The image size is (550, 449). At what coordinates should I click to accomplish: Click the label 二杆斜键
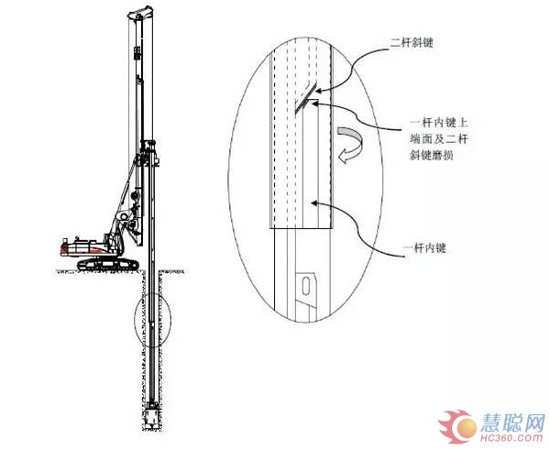pyautogui.click(x=412, y=43)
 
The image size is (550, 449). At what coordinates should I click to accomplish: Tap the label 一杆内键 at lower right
pyautogui.click(x=425, y=247)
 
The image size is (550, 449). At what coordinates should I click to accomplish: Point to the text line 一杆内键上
pyautogui.click(x=439, y=123)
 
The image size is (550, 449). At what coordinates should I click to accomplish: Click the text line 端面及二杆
pyautogui.click(x=439, y=138)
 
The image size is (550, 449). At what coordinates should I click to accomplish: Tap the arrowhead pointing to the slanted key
pyautogui.click(x=318, y=91)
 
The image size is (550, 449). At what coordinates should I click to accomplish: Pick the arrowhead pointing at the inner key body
pyautogui.click(x=314, y=203)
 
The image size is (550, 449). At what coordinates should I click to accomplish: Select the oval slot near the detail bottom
pyautogui.click(x=306, y=286)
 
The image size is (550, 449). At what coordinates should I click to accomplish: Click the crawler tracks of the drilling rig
pyautogui.click(x=107, y=264)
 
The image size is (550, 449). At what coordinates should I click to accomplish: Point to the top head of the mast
pyautogui.click(x=140, y=13)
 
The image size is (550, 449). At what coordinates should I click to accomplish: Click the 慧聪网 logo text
pyautogui.click(x=512, y=422)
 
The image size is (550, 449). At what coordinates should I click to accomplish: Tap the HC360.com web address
pyautogui.click(x=511, y=438)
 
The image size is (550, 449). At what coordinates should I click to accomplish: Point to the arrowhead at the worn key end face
pyautogui.click(x=314, y=103)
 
